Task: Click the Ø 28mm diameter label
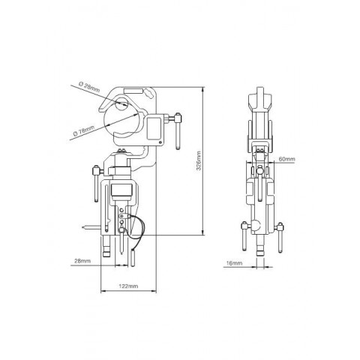click(x=89, y=87)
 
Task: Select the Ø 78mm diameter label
click(x=84, y=130)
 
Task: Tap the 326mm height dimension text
click(x=199, y=160)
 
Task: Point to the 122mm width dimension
click(x=128, y=286)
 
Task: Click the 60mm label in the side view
click(x=286, y=159)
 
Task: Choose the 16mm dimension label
click(x=234, y=263)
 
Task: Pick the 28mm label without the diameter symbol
click(x=82, y=261)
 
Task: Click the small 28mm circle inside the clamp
click(x=121, y=104)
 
